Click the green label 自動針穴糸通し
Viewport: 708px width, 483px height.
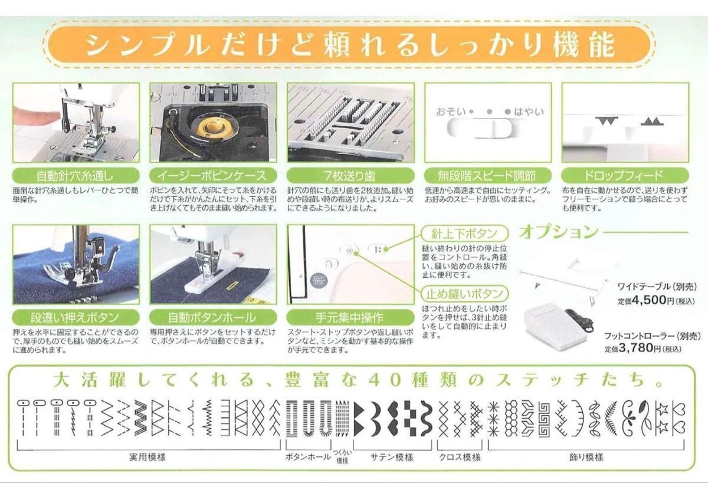(76, 175)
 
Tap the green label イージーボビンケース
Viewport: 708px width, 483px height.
(213, 175)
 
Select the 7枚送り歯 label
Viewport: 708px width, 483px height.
(350, 175)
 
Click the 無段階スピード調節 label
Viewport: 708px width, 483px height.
(488, 175)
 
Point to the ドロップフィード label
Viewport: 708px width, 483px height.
(625, 175)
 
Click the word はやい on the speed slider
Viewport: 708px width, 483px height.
(529, 111)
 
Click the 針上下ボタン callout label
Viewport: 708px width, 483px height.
(465, 234)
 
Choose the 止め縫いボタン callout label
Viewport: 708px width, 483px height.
(465, 294)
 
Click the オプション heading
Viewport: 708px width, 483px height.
(559, 232)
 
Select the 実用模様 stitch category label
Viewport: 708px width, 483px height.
(147, 457)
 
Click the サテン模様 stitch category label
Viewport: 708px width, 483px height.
(392, 458)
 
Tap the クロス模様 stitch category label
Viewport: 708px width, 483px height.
(460, 458)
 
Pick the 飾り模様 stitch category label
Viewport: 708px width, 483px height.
(586, 458)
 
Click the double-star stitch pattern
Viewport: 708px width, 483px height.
(662, 419)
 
